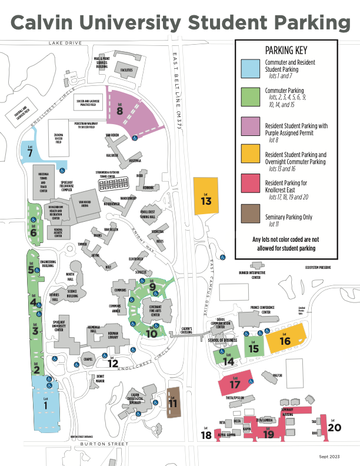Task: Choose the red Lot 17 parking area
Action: (x=235, y=384)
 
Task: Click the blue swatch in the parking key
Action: (x=251, y=69)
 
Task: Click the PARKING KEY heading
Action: (x=286, y=51)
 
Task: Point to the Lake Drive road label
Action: (x=64, y=44)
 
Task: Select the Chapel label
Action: (x=88, y=358)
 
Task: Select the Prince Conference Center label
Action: (x=264, y=310)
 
